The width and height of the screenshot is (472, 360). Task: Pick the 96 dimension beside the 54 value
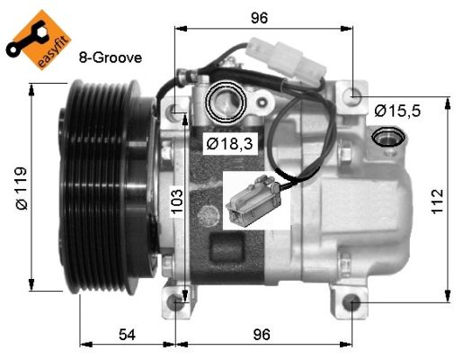point(261,335)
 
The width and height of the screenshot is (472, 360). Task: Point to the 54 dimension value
point(128,335)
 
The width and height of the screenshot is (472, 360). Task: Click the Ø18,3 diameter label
point(227,142)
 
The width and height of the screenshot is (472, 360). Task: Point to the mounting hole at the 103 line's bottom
point(183,303)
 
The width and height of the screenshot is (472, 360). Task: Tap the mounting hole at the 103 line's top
point(178,112)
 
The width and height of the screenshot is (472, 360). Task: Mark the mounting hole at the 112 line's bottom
point(350,302)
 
